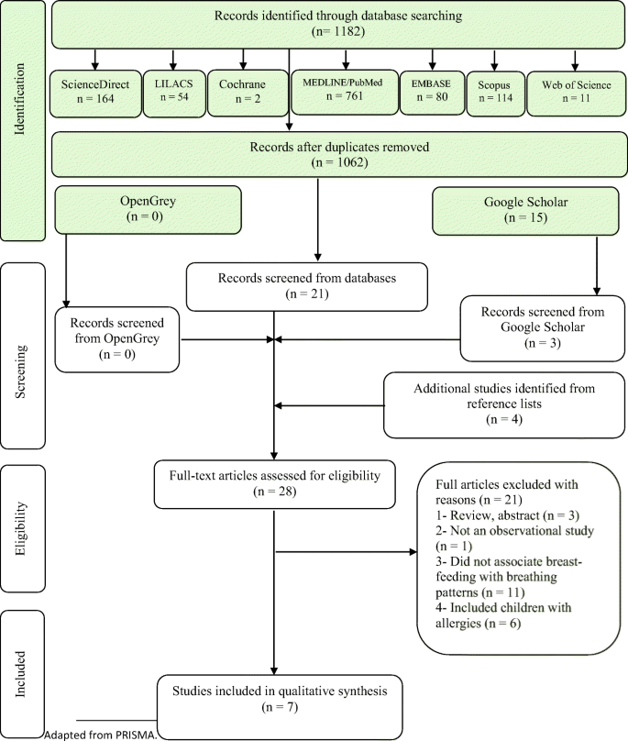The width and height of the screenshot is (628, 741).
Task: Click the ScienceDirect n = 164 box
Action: (x=95, y=94)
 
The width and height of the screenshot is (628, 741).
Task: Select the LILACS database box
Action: (x=174, y=94)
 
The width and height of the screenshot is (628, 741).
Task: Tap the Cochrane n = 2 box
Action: (x=248, y=94)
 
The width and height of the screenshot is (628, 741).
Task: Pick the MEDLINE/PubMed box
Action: (x=345, y=92)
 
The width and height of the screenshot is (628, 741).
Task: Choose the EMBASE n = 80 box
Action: (x=433, y=92)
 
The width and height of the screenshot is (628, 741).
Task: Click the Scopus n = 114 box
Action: (x=496, y=94)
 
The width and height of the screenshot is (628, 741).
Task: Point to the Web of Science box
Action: (x=576, y=94)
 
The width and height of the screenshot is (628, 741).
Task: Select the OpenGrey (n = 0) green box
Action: (x=148, y=210)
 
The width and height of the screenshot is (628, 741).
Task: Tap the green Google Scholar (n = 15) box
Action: (x=525, y=211)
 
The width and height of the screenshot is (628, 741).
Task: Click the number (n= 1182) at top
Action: (x=338, y=32)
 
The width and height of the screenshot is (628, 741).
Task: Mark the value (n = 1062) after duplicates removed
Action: (x=339, y=162)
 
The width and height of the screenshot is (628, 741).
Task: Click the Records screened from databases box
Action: (x=307, y=287)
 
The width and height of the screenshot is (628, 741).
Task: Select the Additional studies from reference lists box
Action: (x=504, y=405)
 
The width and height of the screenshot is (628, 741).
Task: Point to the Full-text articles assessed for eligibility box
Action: (x=274, y=484)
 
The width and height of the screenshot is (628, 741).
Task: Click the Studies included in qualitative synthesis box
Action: (x=280, y=706)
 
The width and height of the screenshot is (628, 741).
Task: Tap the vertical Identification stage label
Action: (x=20, y=99)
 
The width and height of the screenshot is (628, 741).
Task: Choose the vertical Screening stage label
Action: (x=20, y=372)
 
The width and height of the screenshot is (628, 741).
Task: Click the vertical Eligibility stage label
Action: (x=20, y=528)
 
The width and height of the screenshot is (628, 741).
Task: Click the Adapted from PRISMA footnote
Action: (x=100, y=735)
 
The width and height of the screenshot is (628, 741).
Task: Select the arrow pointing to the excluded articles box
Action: (x=346, y=551)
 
